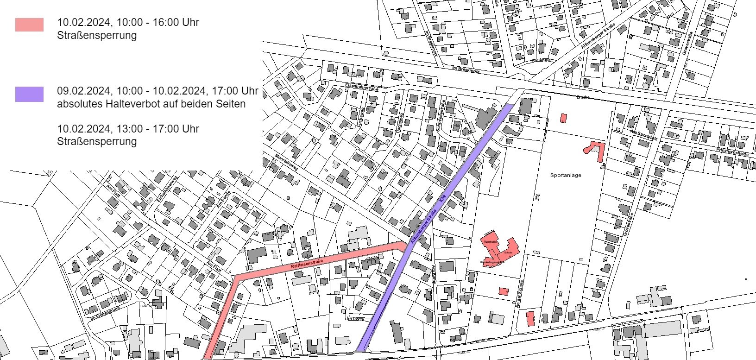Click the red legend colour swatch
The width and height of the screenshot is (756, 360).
click(x=29, y=25)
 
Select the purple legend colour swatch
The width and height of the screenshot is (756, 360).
click(x=29, y=94)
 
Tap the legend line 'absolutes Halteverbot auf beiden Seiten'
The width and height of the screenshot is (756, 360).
click(x=151, y=104)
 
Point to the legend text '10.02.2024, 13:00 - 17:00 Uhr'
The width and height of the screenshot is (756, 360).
click(x=128, y=129)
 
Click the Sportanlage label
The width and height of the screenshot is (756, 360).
click(x=566, y=175)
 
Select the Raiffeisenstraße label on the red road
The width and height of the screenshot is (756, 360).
click(x=306, y=264)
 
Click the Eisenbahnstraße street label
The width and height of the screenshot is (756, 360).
click(x=362, y=87)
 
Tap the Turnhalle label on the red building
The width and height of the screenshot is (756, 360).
click(x=490, y=242)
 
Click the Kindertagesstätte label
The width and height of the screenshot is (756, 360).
click(x=492, y=262)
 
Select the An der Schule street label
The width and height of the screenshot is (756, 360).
click(x=519, y=294)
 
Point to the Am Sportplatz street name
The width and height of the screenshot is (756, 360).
click(x=641, y=132)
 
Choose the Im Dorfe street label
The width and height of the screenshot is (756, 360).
click(x=355, y=319)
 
